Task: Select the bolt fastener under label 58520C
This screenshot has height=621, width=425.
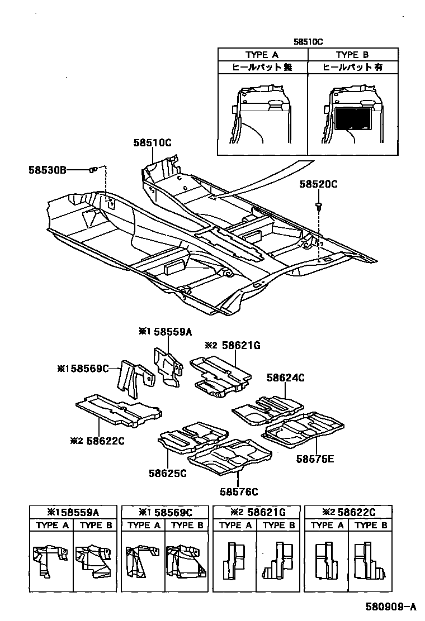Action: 319,207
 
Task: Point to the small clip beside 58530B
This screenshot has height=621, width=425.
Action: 93,169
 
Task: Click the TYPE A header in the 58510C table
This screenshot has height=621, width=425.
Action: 262,55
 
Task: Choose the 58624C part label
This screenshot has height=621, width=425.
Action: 285,378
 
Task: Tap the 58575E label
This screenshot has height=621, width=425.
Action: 315,459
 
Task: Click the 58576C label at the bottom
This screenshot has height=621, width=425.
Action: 239,491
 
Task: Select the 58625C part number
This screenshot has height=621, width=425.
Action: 167,473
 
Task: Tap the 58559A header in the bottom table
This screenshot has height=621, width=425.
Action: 73,512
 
